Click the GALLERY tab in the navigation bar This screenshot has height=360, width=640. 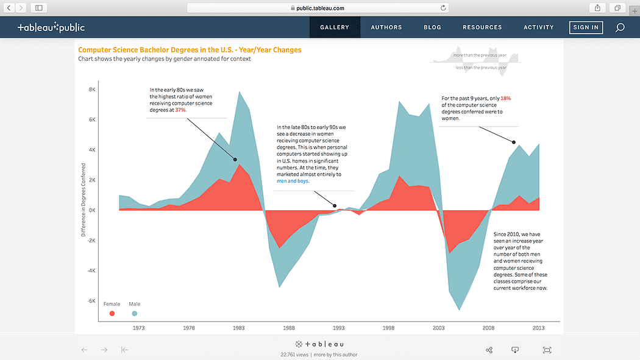(x=335, y=27)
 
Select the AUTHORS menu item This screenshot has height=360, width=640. (x=386, y=27)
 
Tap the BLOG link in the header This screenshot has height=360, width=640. (x=432, y=27)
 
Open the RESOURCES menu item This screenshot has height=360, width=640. (x=482, y=27)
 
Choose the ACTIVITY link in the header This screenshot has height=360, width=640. (x=539, y=27)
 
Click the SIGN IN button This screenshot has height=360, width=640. (x=586, y=27)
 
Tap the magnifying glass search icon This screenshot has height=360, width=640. (x=620, y=27)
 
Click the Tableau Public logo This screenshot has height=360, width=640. (x=51, y=27)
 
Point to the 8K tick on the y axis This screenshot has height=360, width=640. (x=92, y=90)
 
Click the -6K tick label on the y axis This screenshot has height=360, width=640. (x=91, y=301)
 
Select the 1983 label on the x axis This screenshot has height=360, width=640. (x=238, y=328)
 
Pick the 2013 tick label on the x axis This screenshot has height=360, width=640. (x=539, y=328)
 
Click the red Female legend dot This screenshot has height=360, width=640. (x=112, y=313)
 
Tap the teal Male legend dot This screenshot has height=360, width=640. (x=135, y=313)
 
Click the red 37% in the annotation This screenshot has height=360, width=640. (x=180, y=110)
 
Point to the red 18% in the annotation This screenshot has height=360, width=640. (x=506, y=98)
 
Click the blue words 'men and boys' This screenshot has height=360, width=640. (x=293, y=181)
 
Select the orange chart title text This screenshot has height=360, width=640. (x=190, y=50)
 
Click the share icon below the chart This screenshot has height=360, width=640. (x=489, y=350)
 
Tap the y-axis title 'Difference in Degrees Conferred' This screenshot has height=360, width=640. (x=84, y=200)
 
